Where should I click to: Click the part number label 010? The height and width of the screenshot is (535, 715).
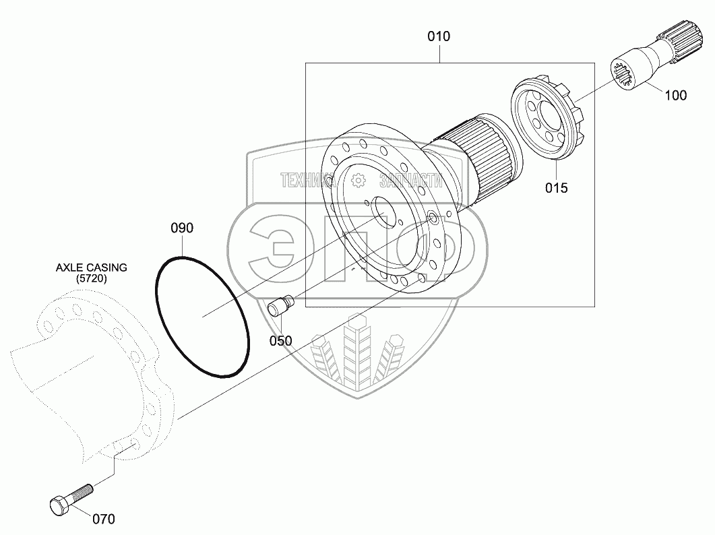click(x=439, y=36)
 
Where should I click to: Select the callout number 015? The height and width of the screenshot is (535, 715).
click(x=557, y=188)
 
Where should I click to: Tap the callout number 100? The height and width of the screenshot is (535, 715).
click(x=675, y=95)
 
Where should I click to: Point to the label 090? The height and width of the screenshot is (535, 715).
click(x=182, y=228)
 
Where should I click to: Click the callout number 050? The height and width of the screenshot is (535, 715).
click(x=280, y=341)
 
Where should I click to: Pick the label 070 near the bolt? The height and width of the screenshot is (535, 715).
click(x=104, y=519)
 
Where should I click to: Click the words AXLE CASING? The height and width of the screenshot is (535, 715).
click(x=91, y=267)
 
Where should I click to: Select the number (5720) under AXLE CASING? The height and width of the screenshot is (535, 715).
click(x=91, y=278)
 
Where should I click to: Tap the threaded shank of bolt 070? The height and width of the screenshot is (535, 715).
click(x=80, y=493)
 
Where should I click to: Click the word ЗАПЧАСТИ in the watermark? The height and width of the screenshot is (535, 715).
click(x=411, y=181)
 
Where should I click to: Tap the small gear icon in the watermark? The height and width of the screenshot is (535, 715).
click(x=359, y=181)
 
